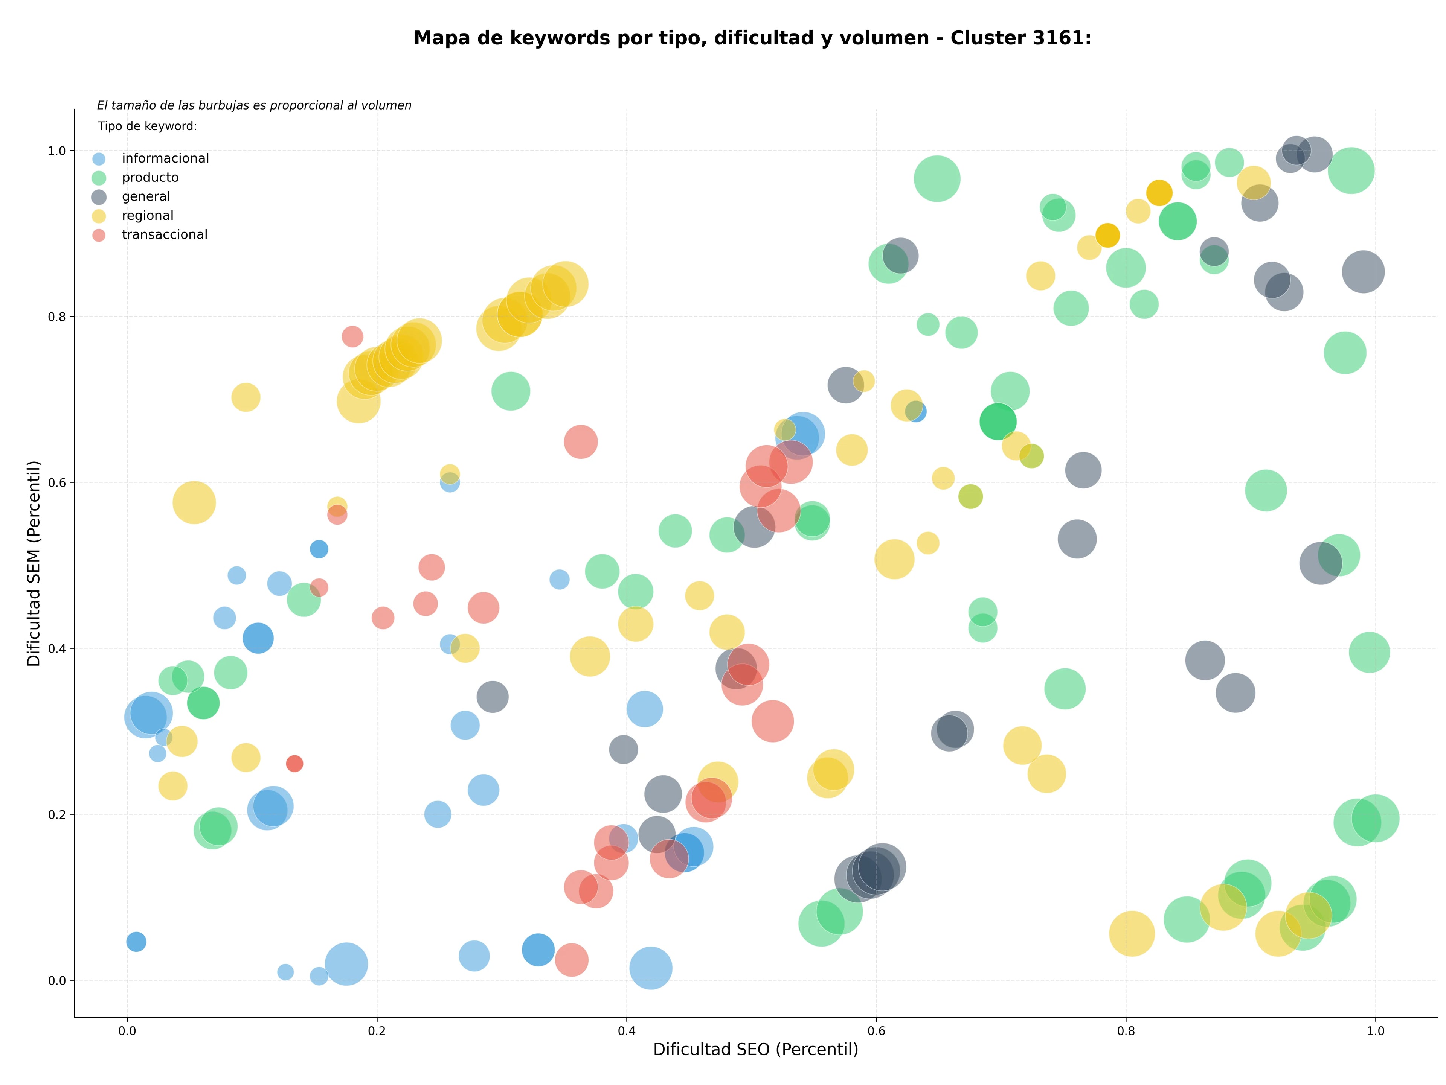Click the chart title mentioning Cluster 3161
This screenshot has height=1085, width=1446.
pos(752,38)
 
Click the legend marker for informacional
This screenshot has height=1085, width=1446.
pos(99,159)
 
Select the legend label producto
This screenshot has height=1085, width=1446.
pos(150,178)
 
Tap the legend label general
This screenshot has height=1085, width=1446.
pos(146,196)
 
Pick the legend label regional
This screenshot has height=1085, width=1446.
pos(148,216)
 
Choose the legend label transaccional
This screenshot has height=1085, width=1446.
pos(164,234)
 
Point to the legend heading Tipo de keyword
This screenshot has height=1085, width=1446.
pos(148,126)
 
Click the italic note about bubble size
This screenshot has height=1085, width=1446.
pos(254,105)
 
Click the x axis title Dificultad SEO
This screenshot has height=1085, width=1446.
pos(756,1050)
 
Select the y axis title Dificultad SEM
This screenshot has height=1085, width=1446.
pos(34,563)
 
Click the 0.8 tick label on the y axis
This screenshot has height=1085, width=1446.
pos(57,317)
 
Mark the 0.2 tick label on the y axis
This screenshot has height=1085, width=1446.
pos(57,814)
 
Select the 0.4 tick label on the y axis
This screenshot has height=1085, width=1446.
pos(57,649)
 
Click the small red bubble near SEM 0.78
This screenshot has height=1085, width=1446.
pos(352,336)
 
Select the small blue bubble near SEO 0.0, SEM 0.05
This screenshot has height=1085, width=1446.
pos(136,942)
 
